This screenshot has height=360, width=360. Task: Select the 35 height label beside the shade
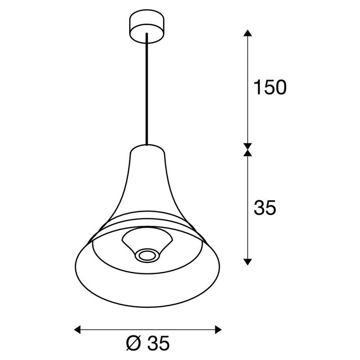coord(265,208)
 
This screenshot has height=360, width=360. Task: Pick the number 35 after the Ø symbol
coord(157,344)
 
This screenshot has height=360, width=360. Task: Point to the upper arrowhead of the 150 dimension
coord(247,34)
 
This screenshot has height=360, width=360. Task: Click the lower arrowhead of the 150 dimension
coord(247,144)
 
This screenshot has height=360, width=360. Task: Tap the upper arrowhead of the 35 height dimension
coord(247,153)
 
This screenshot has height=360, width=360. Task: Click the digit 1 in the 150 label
coord(257,88)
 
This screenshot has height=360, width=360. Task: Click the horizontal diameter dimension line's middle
coord(148,329)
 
